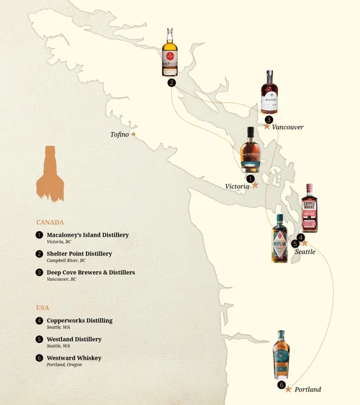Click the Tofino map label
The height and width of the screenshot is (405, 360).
(x=120, y=135)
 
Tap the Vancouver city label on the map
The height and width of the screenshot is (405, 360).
(x=288, y=127)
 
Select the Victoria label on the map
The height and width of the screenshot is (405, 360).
(x=237, y=186)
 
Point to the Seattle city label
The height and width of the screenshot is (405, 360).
(x=305, y=252)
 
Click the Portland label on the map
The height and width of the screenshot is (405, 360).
(x=307, y=389)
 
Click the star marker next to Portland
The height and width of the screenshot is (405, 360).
(x=289, y=389)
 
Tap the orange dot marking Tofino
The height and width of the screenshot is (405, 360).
(x=134, y=134)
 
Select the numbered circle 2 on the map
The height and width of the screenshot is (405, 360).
(x=171, y=83)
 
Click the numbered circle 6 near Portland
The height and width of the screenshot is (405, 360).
(x=281, y=385)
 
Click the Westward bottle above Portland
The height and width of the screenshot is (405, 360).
(x=282, y=355)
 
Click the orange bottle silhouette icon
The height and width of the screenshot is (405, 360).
(x=50, y=173)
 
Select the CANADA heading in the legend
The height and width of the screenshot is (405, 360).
(x=50, y=222)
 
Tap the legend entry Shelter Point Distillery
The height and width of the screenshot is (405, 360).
(x=79, y=254)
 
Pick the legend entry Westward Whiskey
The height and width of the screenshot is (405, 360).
(x=73, y=358)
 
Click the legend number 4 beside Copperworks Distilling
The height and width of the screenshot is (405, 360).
(x=39, y=321)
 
